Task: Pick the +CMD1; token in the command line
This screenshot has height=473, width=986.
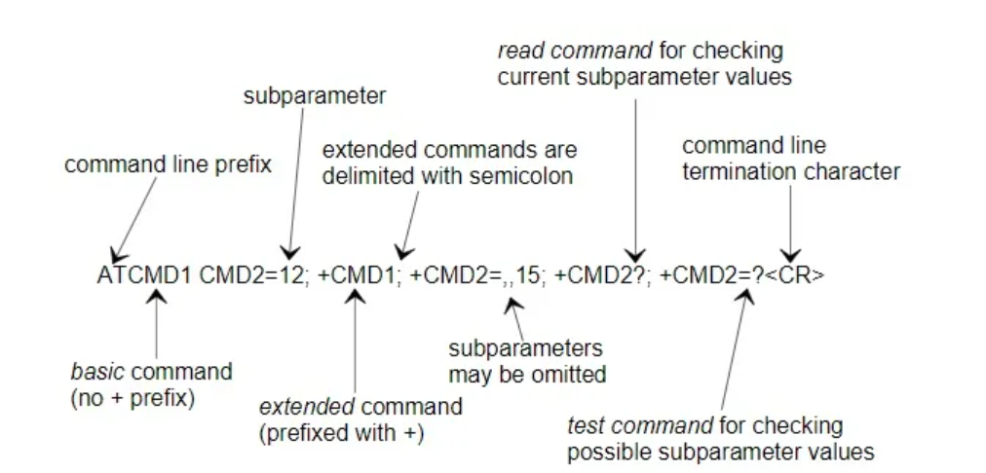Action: point(360,275)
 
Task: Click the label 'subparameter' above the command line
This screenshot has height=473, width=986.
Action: point(314,96)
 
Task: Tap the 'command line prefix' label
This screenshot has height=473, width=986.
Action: point(168,164)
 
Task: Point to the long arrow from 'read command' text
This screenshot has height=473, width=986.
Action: point(635,175)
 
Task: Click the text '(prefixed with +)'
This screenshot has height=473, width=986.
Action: point(341,434)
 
